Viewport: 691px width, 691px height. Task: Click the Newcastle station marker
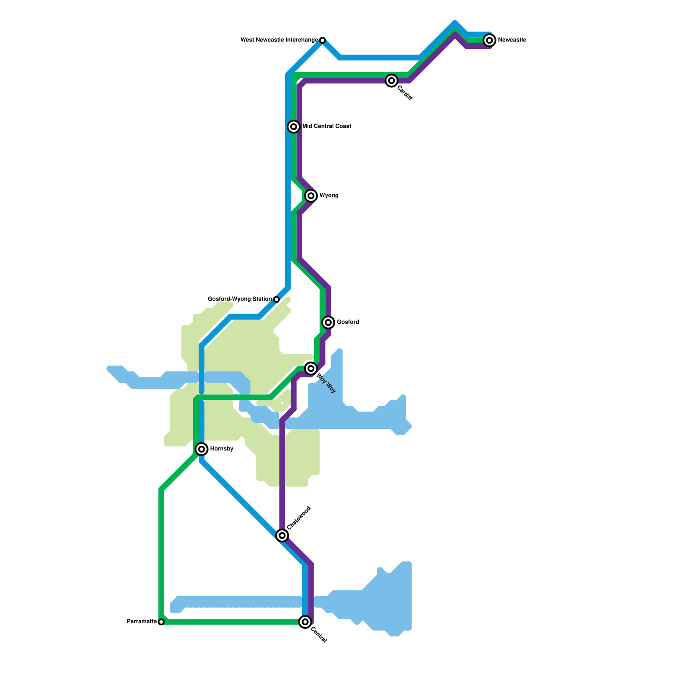tap(489, 40)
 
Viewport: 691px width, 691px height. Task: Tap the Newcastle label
tap(512, 40)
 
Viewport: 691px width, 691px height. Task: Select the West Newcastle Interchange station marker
tap(322, 40)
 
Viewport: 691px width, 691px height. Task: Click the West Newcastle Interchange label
tap(279, 40)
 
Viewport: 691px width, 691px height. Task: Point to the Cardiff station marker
tap(391, 80)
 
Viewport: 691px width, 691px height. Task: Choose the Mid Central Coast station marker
tap(294, 127)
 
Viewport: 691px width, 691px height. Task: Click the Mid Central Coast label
tap(326, 127)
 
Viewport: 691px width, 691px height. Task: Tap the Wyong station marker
tap(311, 196)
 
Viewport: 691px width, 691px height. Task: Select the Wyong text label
tap(329, 196)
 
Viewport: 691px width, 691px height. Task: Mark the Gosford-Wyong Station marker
tap(276, 299)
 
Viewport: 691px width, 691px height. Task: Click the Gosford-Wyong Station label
tap(240, 299)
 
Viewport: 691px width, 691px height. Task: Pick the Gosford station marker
tap(328, 322)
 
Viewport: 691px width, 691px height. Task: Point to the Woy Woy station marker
tap(311, 368)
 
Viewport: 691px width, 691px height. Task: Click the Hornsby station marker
tap(201, 449)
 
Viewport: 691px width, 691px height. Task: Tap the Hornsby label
tap(222, 449)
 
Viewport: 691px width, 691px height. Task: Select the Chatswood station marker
tap(282, 536)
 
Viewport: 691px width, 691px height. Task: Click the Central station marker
tap(305, 622)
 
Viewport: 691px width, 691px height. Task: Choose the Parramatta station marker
tap(161, 622)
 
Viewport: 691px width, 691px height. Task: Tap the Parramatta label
tap(142, 622)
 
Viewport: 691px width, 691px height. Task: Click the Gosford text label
tap(348, 322)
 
